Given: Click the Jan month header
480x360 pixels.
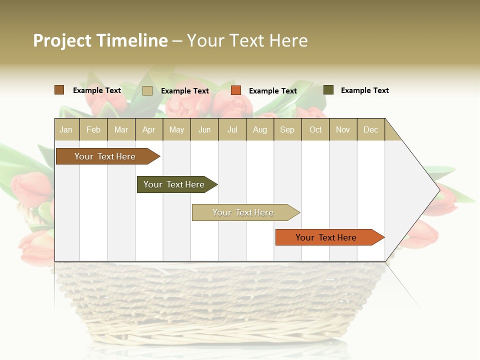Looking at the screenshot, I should (x=66, y=130).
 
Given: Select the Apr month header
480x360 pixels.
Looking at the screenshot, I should (x=148, y=130).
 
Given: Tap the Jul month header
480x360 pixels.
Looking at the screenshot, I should (x=232, y=130).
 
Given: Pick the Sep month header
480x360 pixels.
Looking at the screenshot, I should (x=287, y=130).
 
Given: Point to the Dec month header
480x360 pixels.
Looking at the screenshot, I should (x=370, y=130).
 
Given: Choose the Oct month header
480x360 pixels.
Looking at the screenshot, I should (x=315, y=130).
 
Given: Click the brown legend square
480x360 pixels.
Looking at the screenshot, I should (x=59, y=90).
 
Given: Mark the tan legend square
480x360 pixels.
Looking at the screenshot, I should (x=147, y=90).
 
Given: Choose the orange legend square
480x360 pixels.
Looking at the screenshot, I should (x=236, y=90).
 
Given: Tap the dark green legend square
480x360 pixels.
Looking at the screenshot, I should (x=328, y=90).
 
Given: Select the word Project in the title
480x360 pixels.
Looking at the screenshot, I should (x=62, y=40).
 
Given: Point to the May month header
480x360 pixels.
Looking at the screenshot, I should (x=176, y=130).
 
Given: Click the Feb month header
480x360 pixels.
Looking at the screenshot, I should (x=93, y=130).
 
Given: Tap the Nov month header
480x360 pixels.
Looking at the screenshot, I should (x=343, y=130).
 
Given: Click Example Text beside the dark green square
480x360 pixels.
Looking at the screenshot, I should (x=364, y=90).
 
